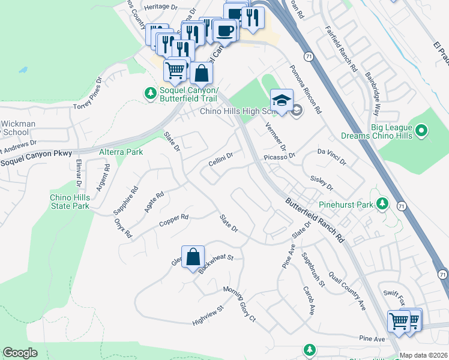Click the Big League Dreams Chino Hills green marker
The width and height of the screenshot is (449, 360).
coord(421,130)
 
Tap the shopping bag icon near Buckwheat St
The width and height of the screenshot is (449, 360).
coord(193,256)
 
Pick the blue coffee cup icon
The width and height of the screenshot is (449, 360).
coord(226,30)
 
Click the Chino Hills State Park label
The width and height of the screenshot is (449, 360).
coord(70,202)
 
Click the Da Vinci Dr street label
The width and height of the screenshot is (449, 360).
coord(332,157)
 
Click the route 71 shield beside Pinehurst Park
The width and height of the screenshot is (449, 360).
coord(401,206)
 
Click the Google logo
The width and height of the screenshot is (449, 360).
coord(20,353)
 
